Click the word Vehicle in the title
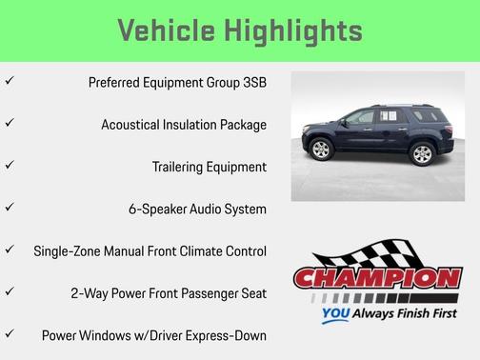point(166,30)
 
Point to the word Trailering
point(182,167)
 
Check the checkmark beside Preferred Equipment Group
point(10,82)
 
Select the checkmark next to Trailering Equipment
point(10,166)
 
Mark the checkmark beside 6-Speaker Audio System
point(10,208)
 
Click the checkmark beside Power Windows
point(10,334)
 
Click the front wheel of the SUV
point(321,150)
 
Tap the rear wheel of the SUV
point(421,152)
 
